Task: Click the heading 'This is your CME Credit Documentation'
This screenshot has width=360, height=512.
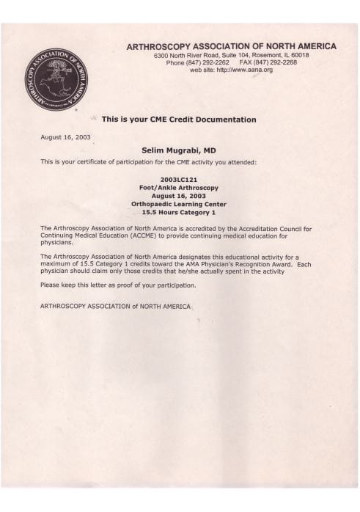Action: [178, 119]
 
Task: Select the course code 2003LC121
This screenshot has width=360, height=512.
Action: [178, 178]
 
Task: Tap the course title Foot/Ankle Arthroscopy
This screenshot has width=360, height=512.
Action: [178, 187]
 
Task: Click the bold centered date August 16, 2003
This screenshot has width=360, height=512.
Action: [178, 195]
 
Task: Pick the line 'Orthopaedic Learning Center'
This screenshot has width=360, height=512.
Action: [178, 204]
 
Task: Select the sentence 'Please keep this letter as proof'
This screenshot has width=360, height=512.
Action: [118, 284]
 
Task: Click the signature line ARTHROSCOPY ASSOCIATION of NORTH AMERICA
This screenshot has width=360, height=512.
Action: [115, 306]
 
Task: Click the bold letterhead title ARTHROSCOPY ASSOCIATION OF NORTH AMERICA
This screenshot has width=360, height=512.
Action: [232, 46]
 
